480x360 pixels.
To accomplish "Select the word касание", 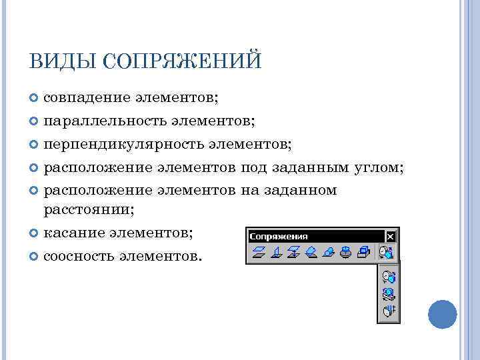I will pyautogui.click(x=75, y=233).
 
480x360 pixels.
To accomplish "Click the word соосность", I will pyautogui.click(x=79, y=255).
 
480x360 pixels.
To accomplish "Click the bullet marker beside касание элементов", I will pyautogui.click(x=35, y=233).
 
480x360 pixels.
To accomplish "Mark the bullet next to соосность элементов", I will pyautogui.click(x=35, y=256).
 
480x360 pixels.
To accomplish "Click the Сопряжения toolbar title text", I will pyautogui.click(x=279, y=237).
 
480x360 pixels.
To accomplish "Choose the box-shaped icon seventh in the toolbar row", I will pyautogui.click(x=363, y=253).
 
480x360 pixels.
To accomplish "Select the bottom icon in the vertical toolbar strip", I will pyautogui.click(x=388, y=311).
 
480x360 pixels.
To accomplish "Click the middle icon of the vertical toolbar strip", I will pyautogui.click(x=388, y=293).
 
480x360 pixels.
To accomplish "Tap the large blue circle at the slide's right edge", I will pyautogui.click(x=442, y=313).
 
